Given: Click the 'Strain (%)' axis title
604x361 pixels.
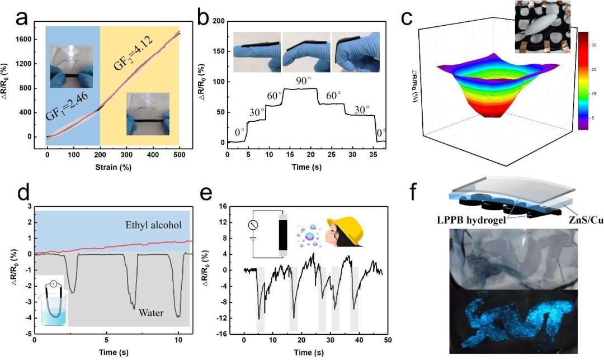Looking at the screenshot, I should [x=112, y=168].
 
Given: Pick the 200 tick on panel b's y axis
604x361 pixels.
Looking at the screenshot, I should [x=218, y=21].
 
